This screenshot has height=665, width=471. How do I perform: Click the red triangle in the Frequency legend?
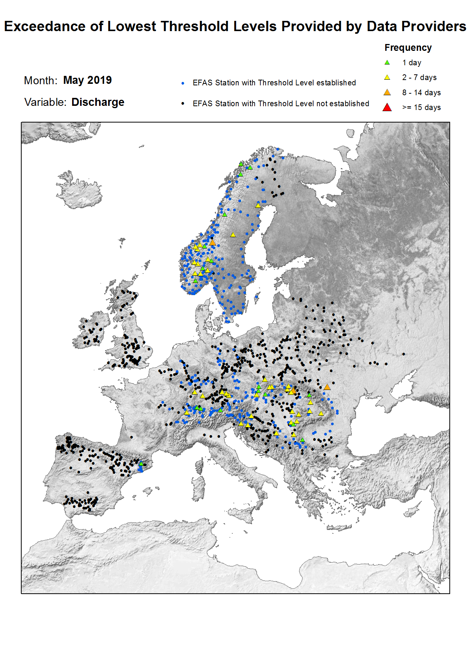[x=387, y=107]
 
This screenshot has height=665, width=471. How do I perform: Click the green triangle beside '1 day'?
[x=387, y=63]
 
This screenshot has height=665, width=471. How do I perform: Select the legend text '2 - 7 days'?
[x=419, y=77]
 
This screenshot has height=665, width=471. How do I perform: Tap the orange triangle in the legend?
[x=387, y=93]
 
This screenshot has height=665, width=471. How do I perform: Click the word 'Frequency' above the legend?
[x=408, y=48]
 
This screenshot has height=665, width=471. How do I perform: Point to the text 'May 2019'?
[x=87, y=80]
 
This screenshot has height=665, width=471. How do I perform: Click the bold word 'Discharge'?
[x=98, y=102]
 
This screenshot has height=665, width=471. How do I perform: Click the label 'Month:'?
[x=41, y=81]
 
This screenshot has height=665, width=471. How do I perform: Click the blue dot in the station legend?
[x=183, y=83]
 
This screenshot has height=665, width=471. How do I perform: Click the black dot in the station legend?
[x=183, y=104]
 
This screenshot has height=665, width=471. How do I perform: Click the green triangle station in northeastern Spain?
[x=141, y=464]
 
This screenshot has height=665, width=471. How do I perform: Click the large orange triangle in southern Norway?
[x=213, y=242]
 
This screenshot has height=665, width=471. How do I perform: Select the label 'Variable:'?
[x=45, y=102]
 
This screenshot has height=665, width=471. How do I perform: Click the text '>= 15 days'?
[x=421, y=107]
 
